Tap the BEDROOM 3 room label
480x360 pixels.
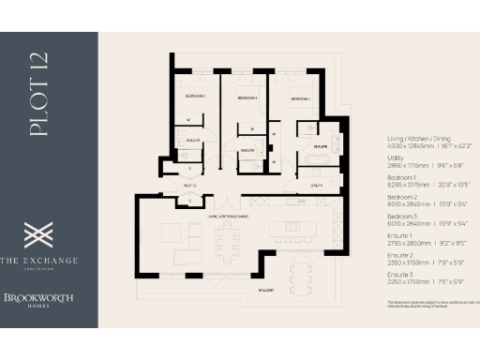click(247, 97)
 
